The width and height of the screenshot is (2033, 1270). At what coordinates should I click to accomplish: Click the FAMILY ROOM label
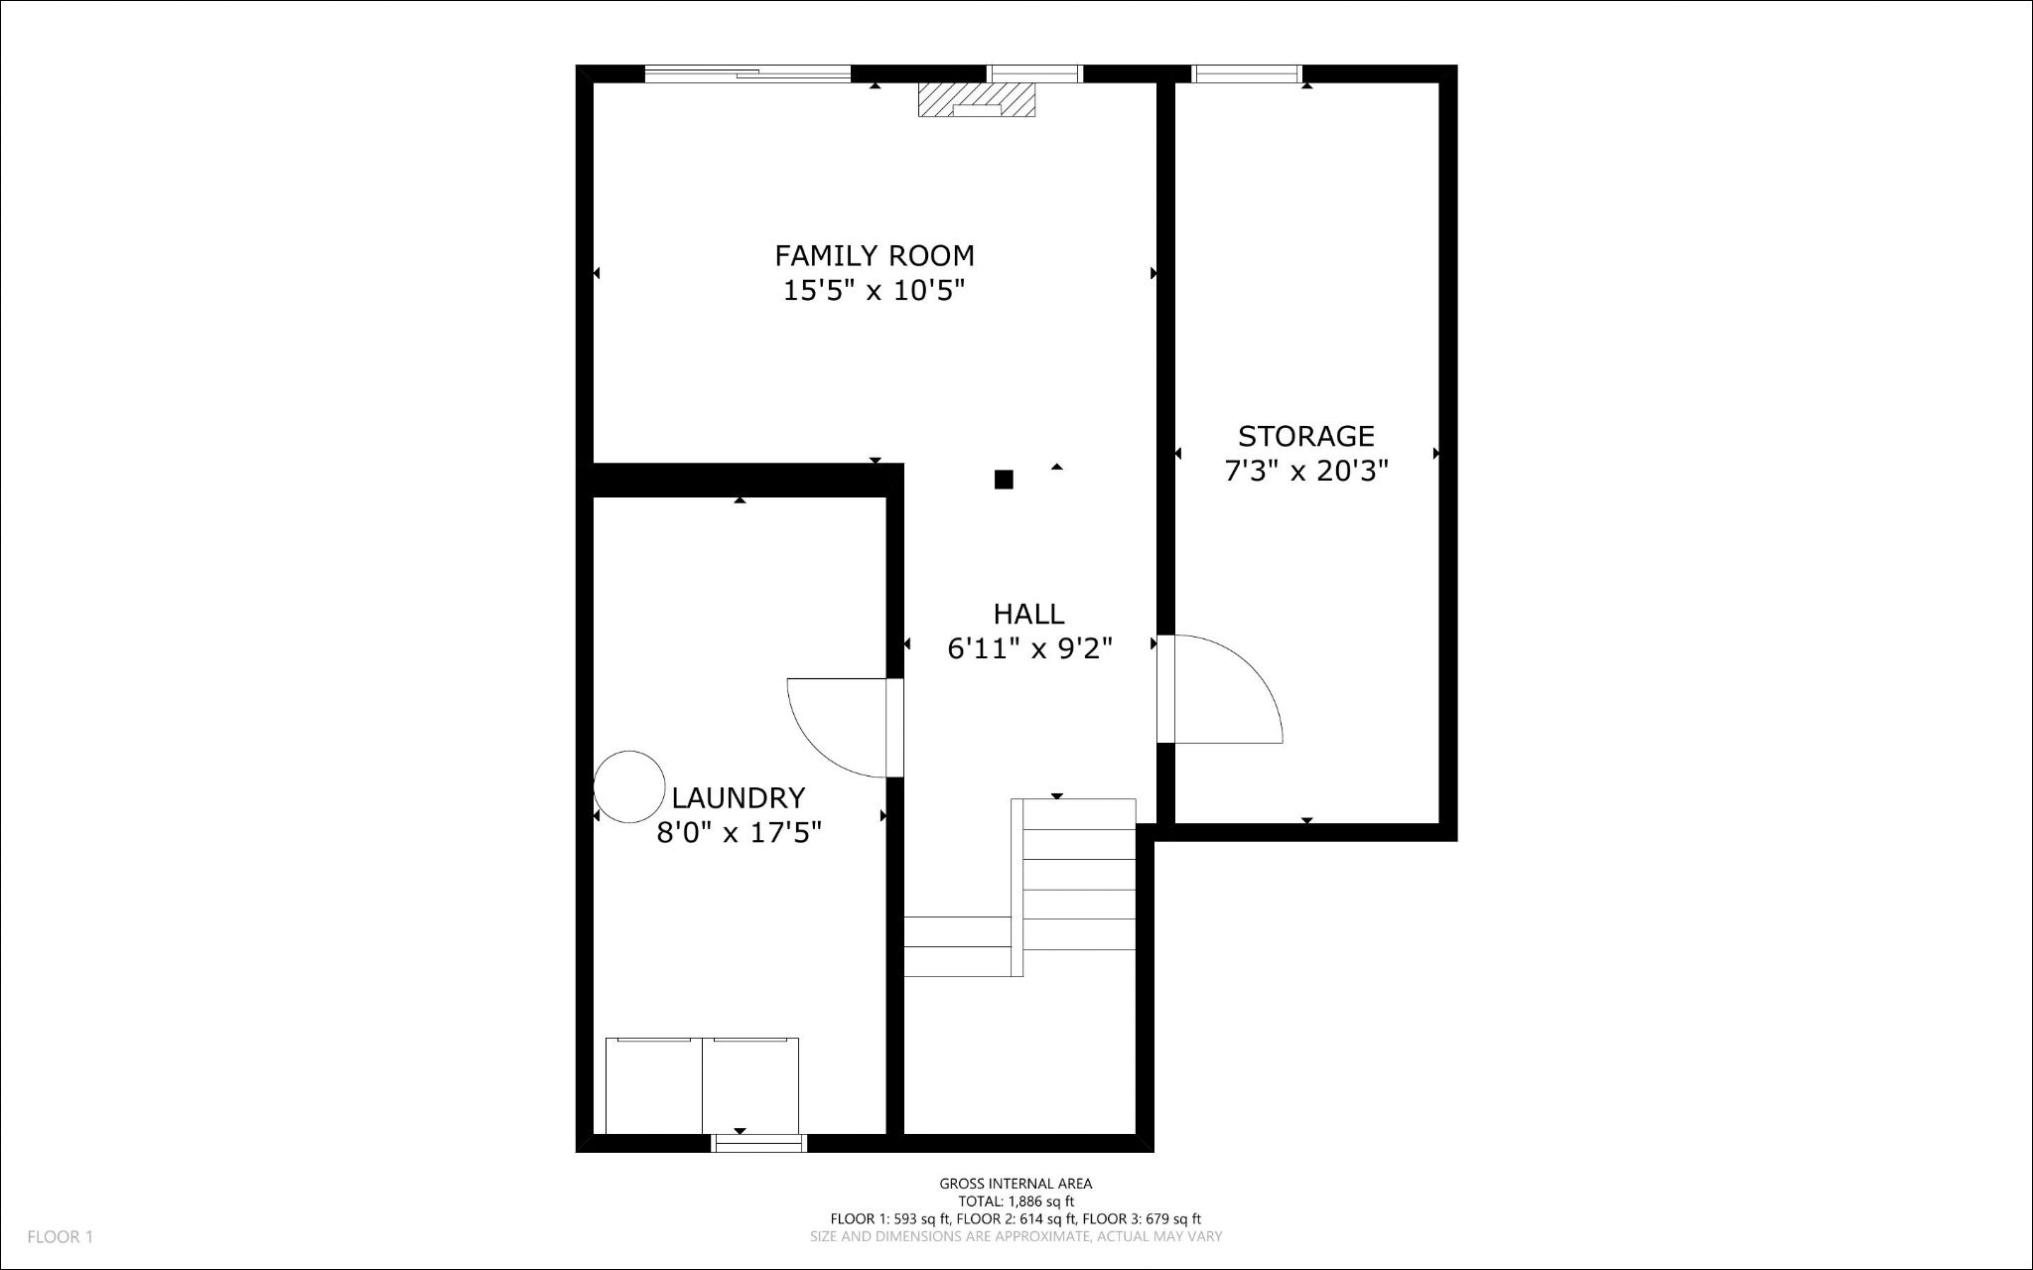875,256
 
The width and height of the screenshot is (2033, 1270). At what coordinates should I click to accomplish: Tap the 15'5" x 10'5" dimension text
875,291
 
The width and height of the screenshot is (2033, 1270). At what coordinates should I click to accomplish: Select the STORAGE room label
1305,436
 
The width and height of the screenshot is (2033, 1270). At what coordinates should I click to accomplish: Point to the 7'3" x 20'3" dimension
1305,471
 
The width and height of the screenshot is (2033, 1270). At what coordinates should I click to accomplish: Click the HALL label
1028,614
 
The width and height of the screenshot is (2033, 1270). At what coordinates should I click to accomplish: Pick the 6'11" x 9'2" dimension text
1028,648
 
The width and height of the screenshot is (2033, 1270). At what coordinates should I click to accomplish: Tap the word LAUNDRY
738,798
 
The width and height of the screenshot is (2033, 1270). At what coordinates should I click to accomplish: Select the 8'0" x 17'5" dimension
740,832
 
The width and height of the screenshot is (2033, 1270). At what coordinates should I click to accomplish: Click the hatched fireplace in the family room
977,99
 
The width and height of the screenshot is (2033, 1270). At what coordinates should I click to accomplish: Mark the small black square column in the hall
1004,480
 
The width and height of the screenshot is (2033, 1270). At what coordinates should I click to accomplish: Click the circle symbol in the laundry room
629,786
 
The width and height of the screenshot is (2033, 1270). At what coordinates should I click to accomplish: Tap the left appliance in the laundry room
653,1085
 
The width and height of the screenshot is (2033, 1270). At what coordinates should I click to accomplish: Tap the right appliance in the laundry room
750,1085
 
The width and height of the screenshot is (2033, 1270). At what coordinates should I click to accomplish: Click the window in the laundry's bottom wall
759,1144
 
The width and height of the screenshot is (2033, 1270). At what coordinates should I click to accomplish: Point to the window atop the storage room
1246,73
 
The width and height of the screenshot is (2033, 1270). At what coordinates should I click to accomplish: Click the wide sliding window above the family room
747,73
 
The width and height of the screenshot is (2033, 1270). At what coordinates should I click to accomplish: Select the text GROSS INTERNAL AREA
1016,1184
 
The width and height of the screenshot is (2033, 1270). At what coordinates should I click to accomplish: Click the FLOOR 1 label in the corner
60,1237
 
